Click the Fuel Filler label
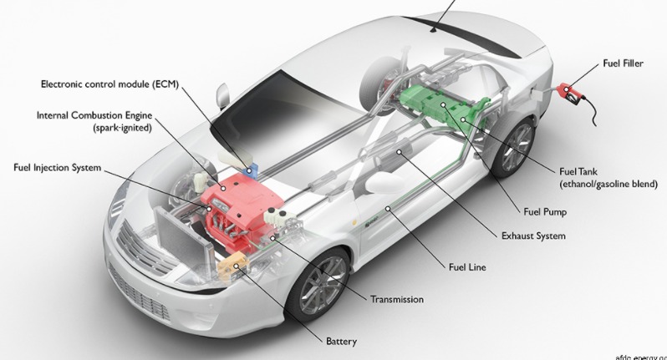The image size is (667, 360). pyautogui.click(x=623, y=63)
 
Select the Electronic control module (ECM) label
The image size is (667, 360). pyautogui.click(x=109, y=84)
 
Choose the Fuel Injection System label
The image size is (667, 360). pyautogui.click(x=58, y=167)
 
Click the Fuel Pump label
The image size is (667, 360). pyautogui.click(x=545, y=211)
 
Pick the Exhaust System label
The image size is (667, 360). pyautogui.click(x=533, y=236)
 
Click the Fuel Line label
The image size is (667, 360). pyautogui.click(x=467, y=267)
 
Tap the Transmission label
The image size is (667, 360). pyautogui.click(x=397, y=299)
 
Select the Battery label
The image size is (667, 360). pyautogui.click(x=341, y=342)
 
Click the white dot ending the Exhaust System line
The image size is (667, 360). pyautogui.click(x=399, y=151)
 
